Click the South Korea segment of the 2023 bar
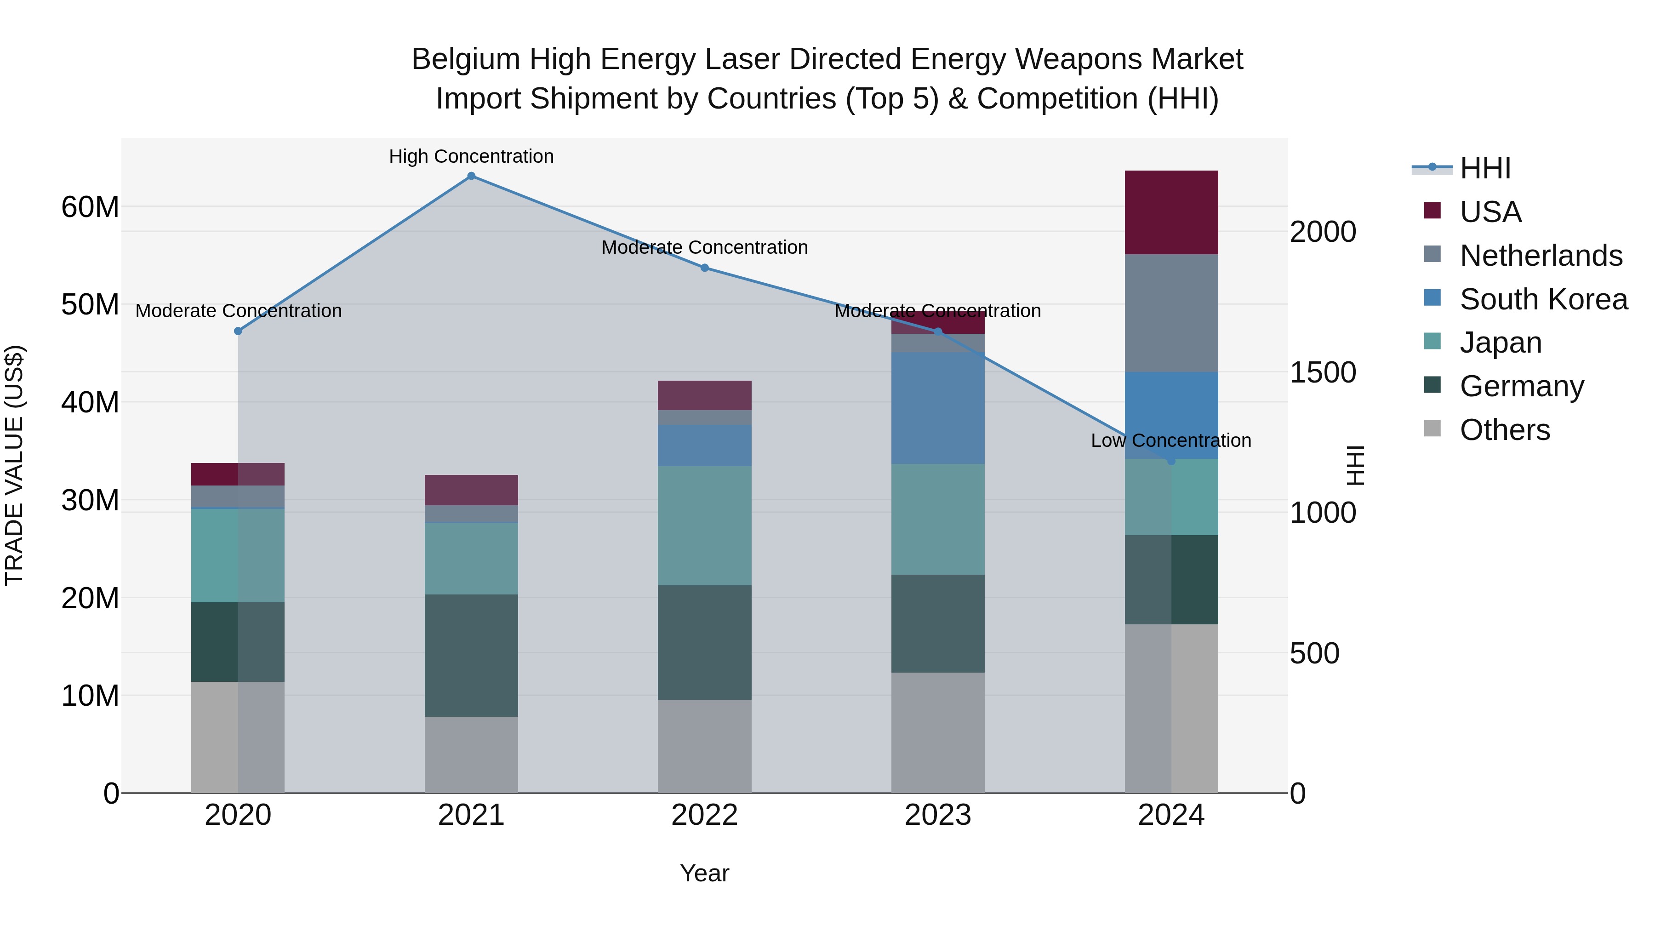pos(937,408)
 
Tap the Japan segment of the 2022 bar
pos(704,525)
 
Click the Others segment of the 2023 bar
pos(937,732)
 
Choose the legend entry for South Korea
pos(1543,299)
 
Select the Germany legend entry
pos(1521,386)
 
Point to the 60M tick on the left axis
pos(90,207)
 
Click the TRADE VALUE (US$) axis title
pos(15,465)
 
